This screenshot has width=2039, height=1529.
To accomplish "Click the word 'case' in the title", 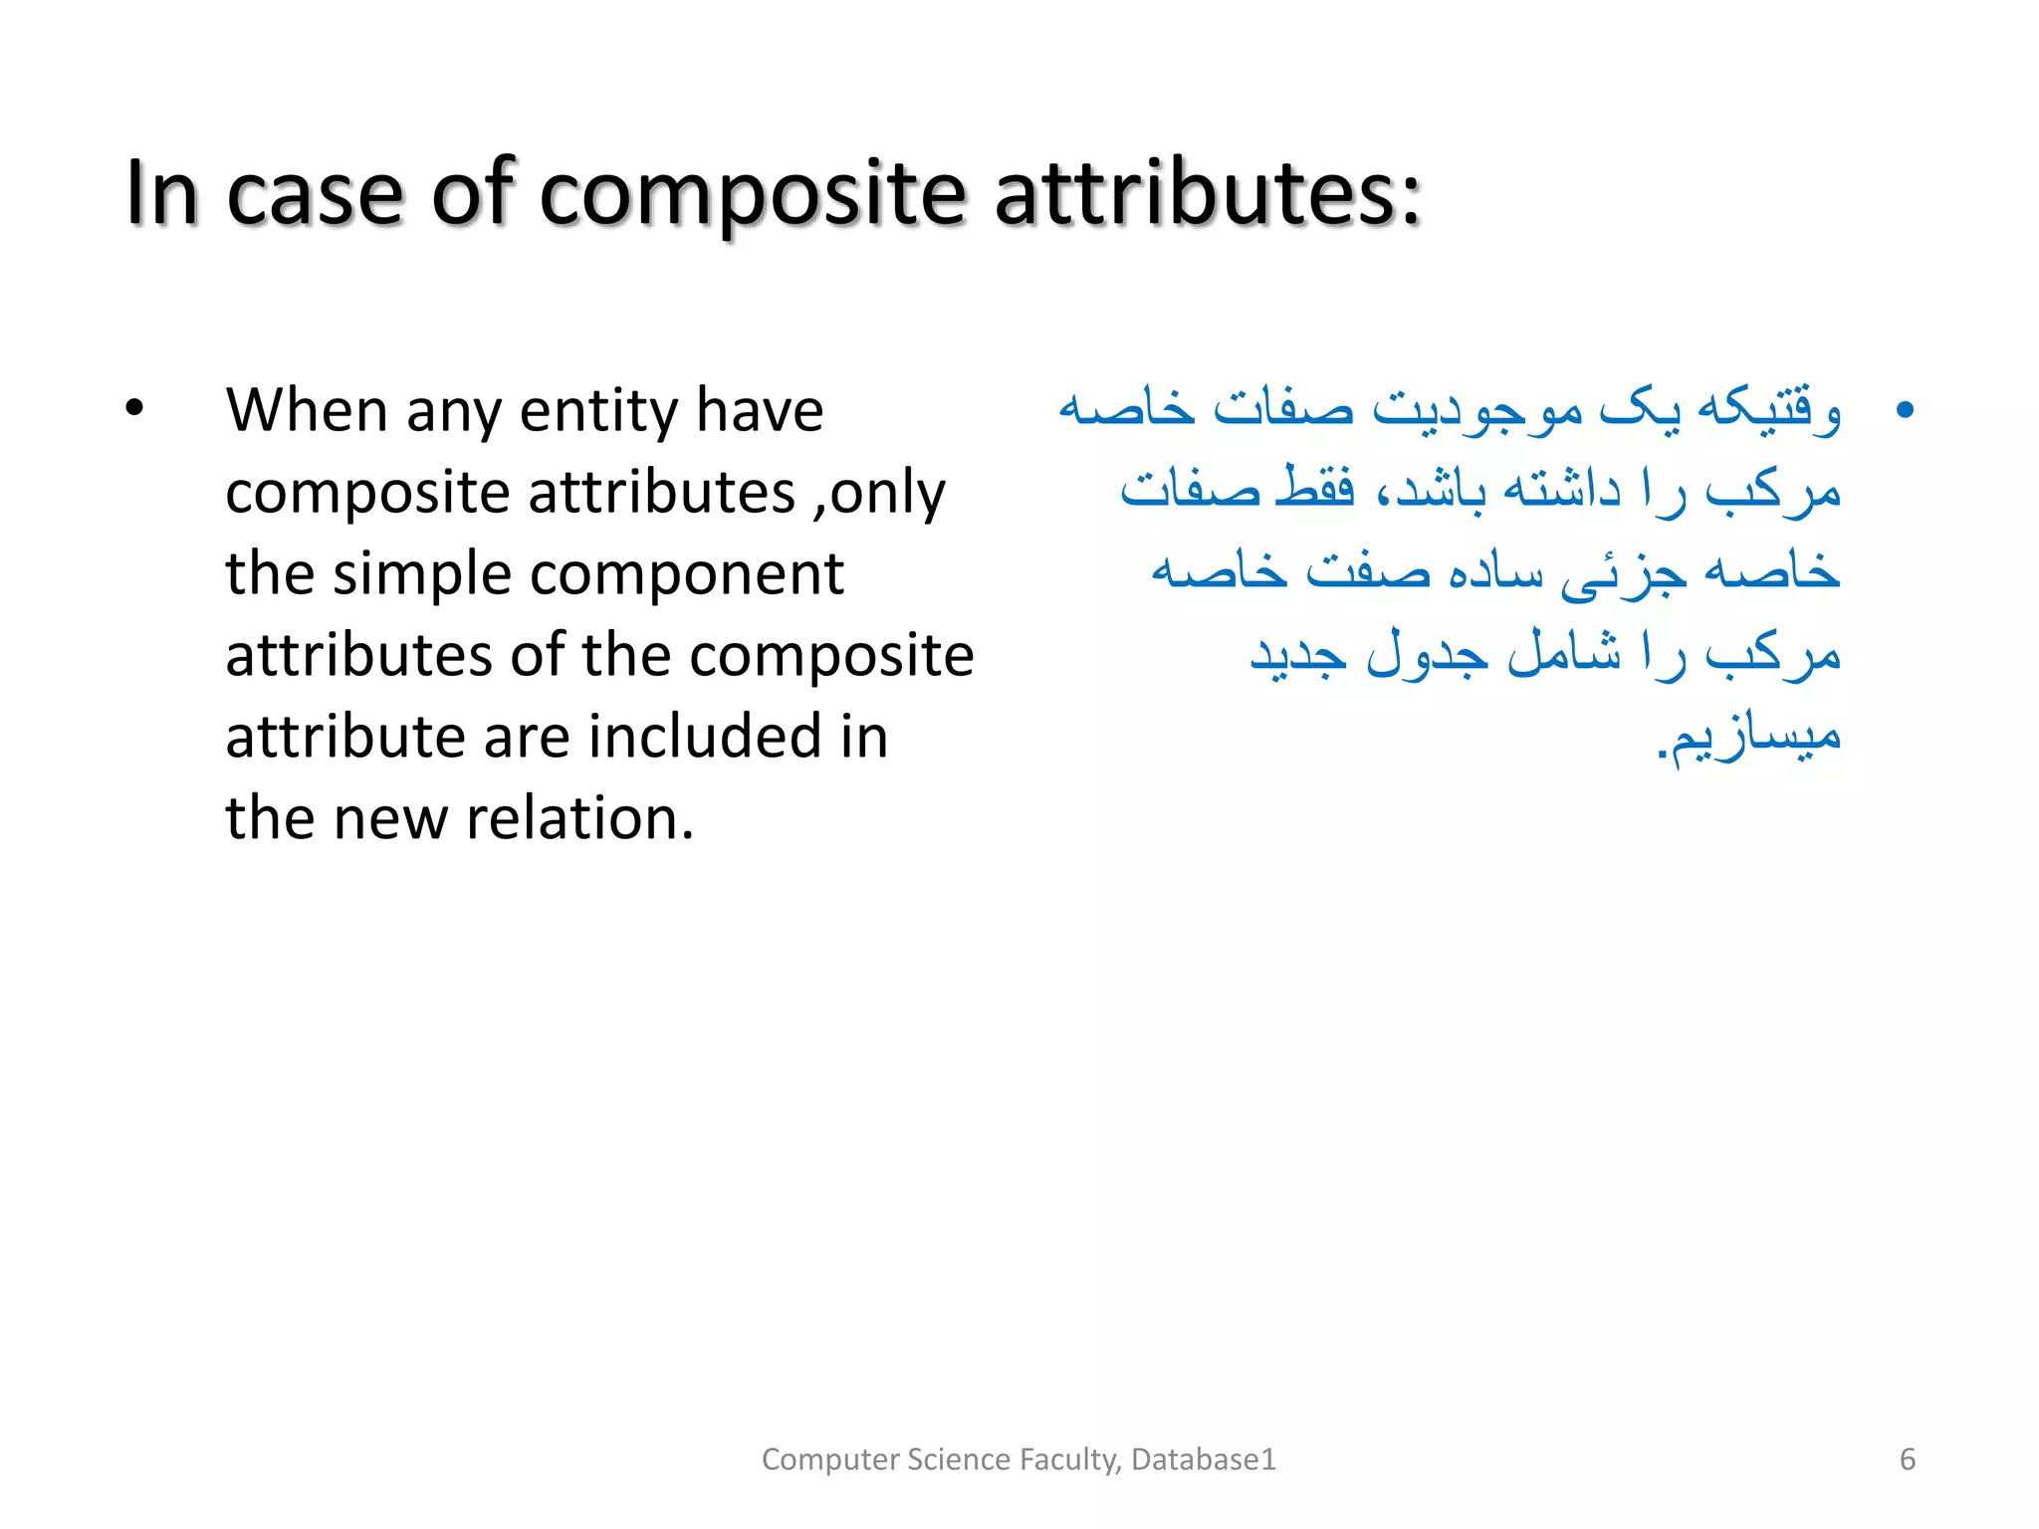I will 315,194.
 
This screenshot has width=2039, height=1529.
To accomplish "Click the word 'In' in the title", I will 161,194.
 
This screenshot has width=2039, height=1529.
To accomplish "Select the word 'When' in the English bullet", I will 306,410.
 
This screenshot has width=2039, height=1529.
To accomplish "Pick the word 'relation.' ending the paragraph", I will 579,818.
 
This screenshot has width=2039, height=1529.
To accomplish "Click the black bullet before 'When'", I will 134,409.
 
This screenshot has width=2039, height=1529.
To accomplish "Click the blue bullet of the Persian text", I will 1905,409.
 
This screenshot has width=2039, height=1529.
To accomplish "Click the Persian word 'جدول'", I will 1427,653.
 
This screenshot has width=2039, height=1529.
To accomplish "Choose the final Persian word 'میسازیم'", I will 1755,737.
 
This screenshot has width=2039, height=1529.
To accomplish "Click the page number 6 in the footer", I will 1907,1459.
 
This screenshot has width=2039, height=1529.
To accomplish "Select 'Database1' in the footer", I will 1203,1459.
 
